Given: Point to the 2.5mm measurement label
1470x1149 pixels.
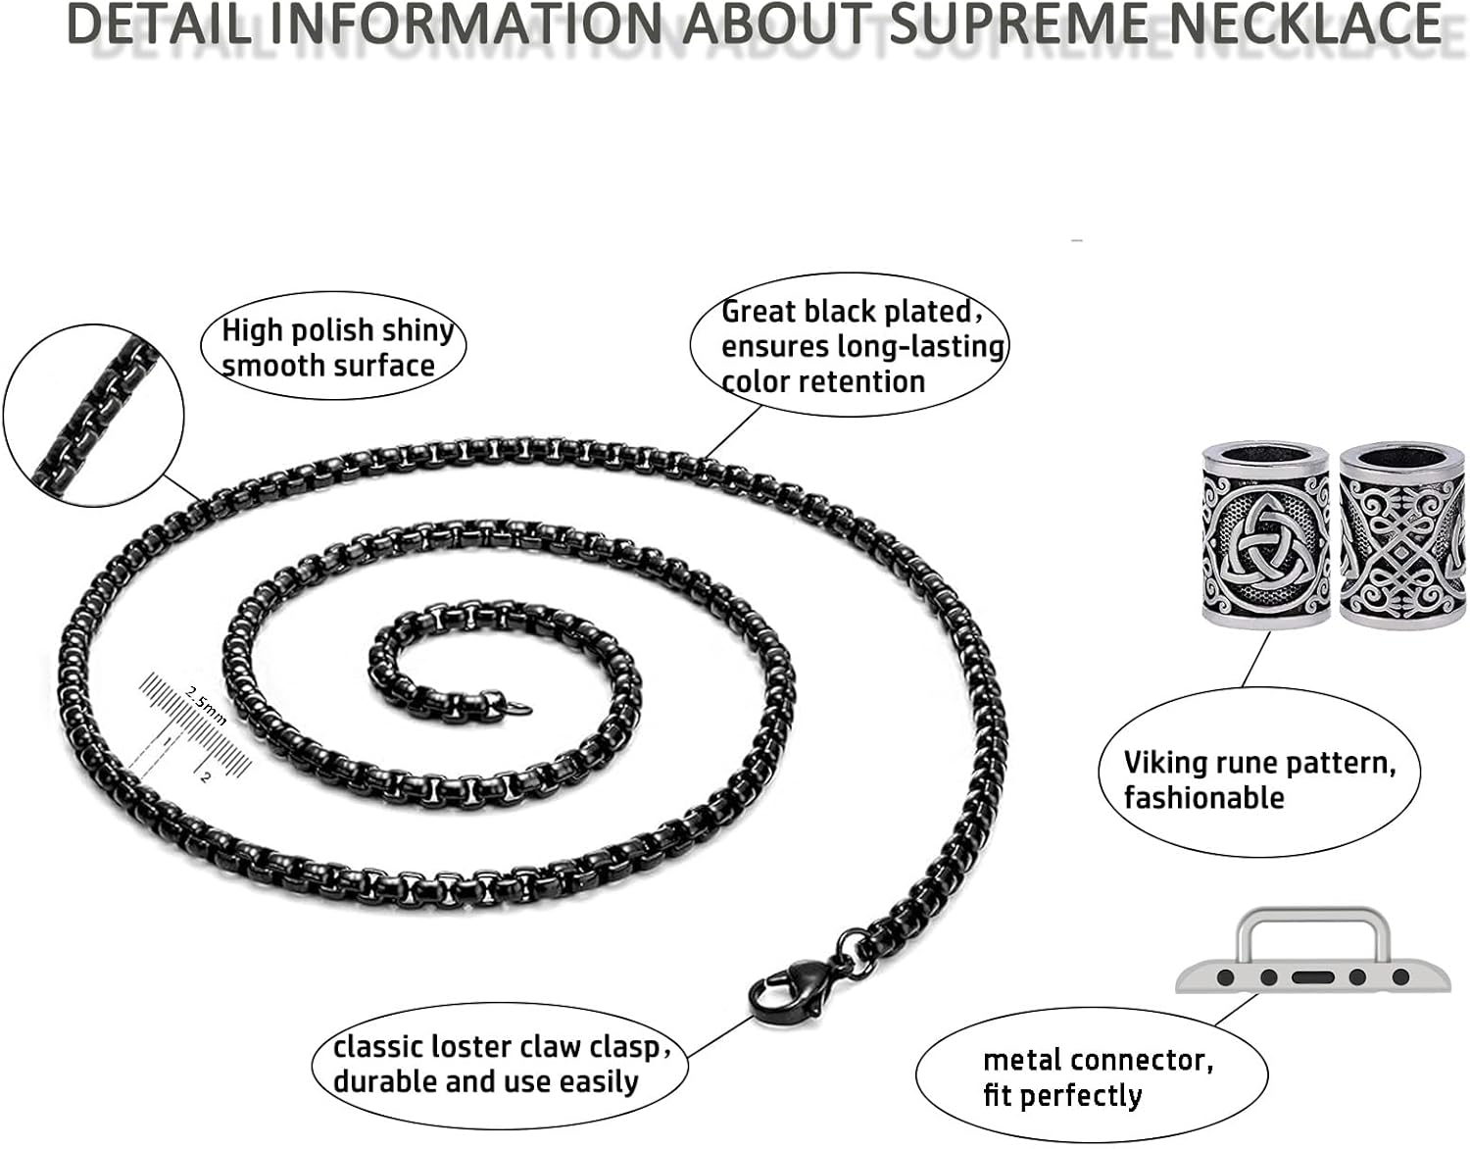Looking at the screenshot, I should pyautogui.click(x=206, y=705).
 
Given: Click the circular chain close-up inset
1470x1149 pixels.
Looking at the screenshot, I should pyautogui.click(x=94, y=416).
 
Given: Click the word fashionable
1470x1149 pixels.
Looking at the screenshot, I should pyautogui.click(x=1203, y=798).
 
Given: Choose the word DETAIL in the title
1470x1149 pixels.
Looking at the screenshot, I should pyautogui.click(x=157, y=24).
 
